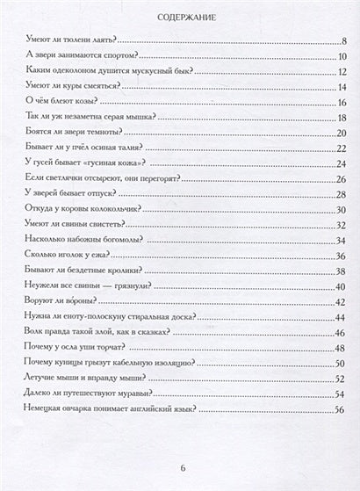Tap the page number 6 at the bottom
tap(180, 468)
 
